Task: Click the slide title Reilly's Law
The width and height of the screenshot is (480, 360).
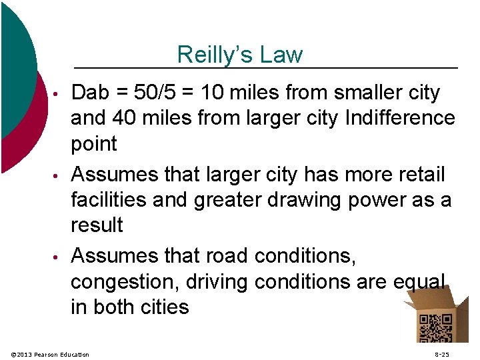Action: click(240, 55)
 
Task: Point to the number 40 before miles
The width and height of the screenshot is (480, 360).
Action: click(125, 118)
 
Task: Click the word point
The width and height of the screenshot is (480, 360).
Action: click(94, 144)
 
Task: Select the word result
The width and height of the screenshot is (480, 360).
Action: click(97, 225)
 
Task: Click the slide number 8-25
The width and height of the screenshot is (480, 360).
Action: click(441, 354)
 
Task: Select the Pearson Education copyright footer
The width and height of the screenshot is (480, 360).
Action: click(51, 354)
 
